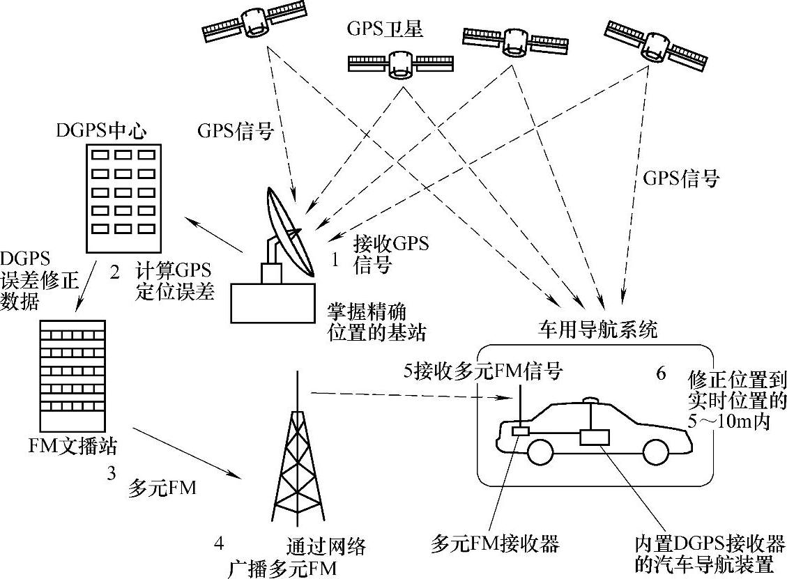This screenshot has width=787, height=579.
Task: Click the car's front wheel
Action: pyautogui.click(x=541, y=452)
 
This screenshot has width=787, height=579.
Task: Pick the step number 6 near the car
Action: pyautogui.click(x=661, y=373)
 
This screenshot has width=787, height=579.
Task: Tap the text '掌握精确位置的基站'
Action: pyautogui.click(x=376, y=321)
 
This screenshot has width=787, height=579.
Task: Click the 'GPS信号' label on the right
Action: pyautogui.click(x=680, y=178)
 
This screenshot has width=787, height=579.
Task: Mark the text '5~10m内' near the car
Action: pyautogui.click(x=728, y=422)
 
